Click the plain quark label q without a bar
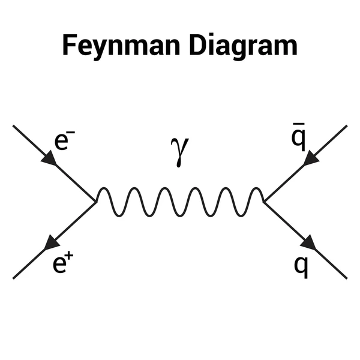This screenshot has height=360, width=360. point(301,265)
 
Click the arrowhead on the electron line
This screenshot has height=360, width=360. point(50,159)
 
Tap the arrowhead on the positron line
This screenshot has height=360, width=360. point(52,242)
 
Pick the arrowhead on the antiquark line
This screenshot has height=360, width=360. point(311,158)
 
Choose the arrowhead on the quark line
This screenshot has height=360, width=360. point(308,242)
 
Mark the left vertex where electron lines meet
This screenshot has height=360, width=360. point(97,201)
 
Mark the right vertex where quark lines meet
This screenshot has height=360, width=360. point(264,201)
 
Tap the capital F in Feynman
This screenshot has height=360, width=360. point(69,46)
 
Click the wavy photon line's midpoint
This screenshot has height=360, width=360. point(180,202)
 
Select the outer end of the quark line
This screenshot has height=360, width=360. point(346,277)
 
